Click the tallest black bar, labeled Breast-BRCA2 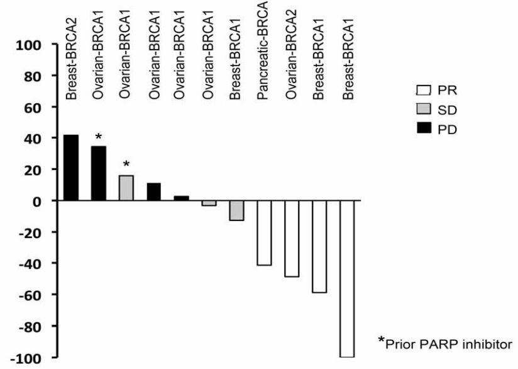[70, 167]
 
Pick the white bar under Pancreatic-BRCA [264, 232]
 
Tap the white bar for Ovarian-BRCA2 [292, 238]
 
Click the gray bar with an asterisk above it [126, 188]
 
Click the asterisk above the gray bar [126, 165]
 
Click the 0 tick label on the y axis [36, 202]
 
